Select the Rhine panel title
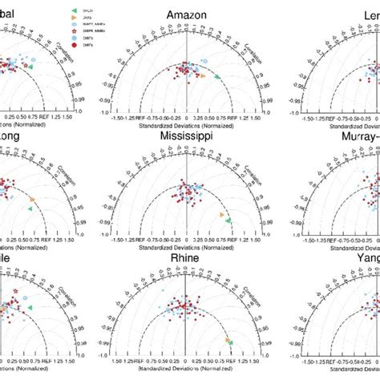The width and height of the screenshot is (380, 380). pyautogui.click(x=186, y=262)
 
